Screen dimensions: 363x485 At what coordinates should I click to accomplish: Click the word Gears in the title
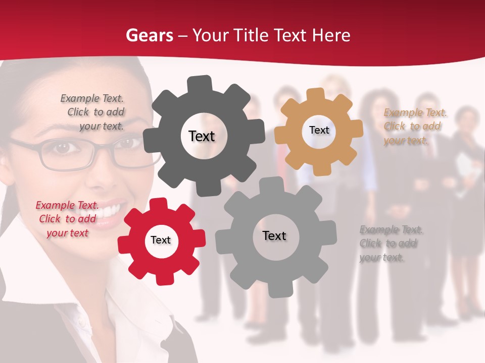point(149,35)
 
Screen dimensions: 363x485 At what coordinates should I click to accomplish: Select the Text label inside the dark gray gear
point(202,136)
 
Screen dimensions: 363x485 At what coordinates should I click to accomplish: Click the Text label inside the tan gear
point(319,130)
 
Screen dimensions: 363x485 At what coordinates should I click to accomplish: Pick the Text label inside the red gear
point(161,240)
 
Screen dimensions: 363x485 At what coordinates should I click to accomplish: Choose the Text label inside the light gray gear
point(274,235)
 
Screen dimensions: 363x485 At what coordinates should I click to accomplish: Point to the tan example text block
point(414,127)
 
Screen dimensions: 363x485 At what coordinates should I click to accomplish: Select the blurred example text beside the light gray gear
point(390,244)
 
